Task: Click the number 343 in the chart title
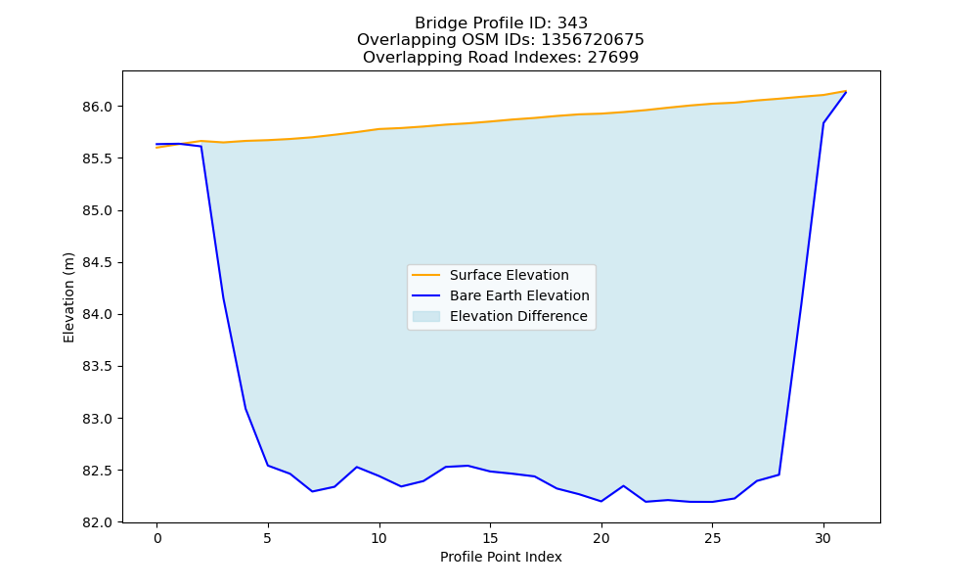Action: [572, 23]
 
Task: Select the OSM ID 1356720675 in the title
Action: [593, 40]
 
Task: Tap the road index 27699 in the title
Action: [613, 58]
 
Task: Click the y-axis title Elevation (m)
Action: [68, 297]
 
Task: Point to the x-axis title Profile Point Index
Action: [501, 557]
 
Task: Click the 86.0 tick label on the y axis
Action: [97, 108]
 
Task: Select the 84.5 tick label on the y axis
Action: [97, 262]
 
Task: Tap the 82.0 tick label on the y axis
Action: [97, 522]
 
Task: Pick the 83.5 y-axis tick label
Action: [97, 366]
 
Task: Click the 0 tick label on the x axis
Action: [157, 538]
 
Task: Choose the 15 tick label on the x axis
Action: [490, 538]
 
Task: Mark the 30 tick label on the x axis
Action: [823, 538]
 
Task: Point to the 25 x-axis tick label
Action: [712, 538]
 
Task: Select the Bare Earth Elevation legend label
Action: [519, 295]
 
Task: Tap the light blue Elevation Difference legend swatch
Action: [426, 316]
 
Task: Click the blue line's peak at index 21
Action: [623, 486]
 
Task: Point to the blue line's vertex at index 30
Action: [823, 123]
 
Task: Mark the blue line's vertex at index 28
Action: [779, 474]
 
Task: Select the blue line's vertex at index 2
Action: [201, 147]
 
